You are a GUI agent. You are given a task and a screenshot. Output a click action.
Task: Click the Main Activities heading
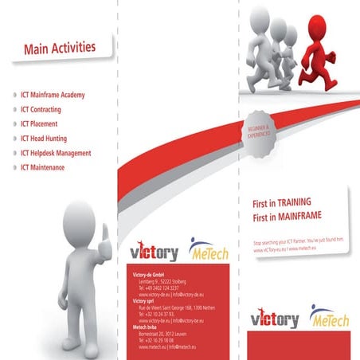point(60,49)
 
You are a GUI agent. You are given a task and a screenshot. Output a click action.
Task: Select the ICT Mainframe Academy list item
point(64,96)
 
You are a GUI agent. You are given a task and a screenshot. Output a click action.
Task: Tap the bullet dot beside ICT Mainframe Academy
point(14,96)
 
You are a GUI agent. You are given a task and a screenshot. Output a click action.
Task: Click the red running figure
point(323,52)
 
